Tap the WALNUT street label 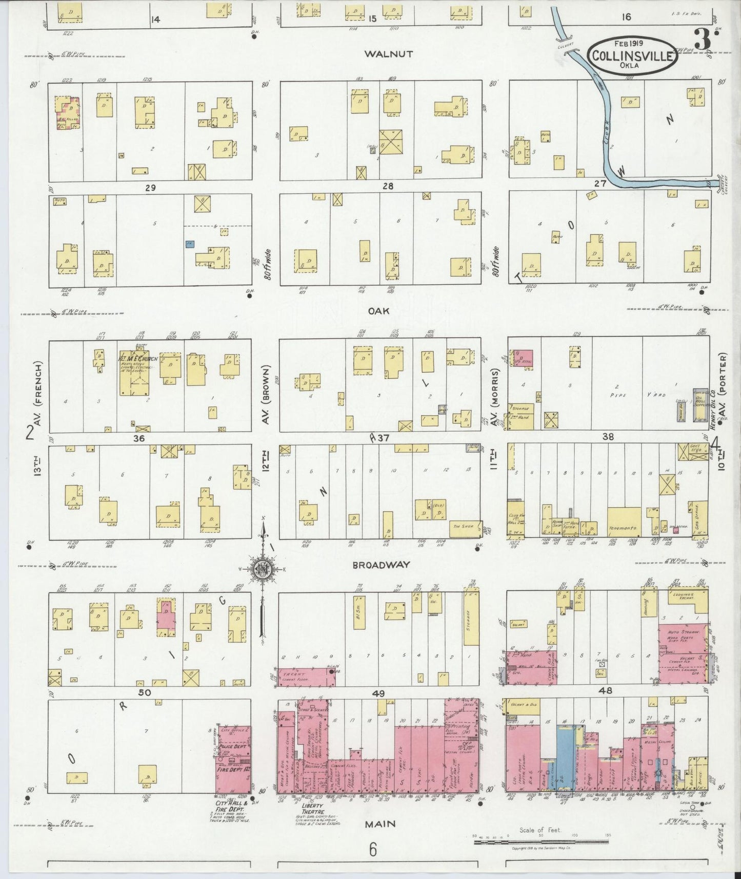(389, 53)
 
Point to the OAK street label (379, 311)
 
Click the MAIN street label (380, 824)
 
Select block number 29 (150, 188)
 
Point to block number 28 (388, 186)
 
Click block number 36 (138, 438)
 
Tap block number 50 (145, 692)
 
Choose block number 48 (606, 691)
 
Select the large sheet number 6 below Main (372, 850)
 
